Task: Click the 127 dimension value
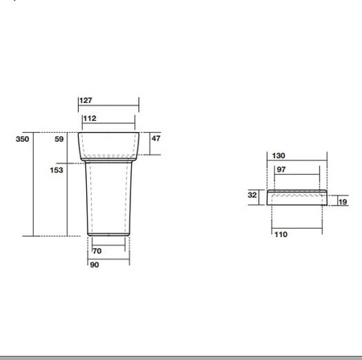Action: coord(86,101)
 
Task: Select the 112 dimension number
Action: coord(89,118)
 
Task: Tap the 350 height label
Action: coord(23,139)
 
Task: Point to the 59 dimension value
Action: coord(59,139)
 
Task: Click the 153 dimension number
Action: coord(56,170)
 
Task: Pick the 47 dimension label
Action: coord(156,139)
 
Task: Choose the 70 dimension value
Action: coord(97,251)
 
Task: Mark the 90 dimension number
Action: coord(94,265)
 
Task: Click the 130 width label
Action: coord(278,155)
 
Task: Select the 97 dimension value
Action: coord(281,170)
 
